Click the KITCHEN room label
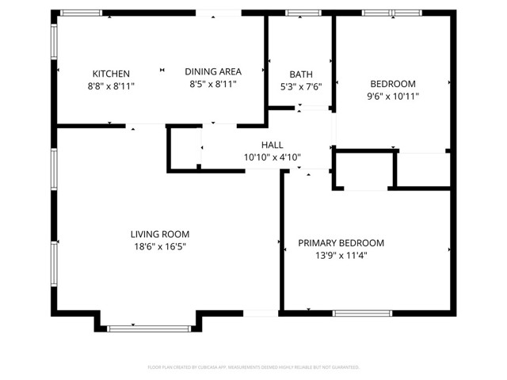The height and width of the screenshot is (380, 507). pos(111,73)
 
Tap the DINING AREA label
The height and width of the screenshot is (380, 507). pos(213,71)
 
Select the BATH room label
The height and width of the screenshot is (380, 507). pos(301,75)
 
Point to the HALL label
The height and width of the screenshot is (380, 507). pos(273,145)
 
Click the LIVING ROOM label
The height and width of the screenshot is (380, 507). pos(160,234)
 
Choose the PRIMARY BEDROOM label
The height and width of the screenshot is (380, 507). pos(341,243)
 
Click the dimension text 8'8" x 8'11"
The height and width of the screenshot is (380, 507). pos(111,85)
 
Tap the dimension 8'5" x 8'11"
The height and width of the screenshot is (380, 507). pos(213,83)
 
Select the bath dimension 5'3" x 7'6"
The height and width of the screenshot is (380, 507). pos(301,87)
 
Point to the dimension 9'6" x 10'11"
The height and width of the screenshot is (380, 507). pos(394,96)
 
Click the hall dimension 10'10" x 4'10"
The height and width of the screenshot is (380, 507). pos(273,157)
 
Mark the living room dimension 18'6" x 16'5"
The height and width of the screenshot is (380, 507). pos(160,246)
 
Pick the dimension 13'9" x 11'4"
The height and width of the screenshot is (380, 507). pos(341,255)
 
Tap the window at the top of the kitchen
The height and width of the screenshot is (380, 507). pos(82,13)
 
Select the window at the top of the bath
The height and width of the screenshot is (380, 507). pos(299,13)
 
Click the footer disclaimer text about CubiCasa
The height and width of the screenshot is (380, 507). pos(253,367)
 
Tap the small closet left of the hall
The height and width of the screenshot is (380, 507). pos(186,148)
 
